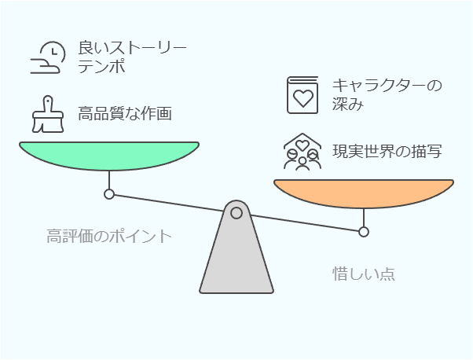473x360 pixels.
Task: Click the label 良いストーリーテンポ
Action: [x=132, y=57]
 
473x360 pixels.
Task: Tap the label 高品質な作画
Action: [x=125, y=113]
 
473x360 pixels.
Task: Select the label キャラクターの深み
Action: [x=387, y=95]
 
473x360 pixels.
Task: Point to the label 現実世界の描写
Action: [x=387, y=151]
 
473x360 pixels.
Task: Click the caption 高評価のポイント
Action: [x=109, y=237]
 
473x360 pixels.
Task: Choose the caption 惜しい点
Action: [x=364, y=274]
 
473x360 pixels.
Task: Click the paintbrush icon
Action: [x=48, y=115]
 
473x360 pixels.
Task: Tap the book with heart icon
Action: [x=302, y=95]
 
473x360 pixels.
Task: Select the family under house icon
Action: [x=302, y=152]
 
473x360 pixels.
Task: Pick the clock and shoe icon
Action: [x=48, y=57]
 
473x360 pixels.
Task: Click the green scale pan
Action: [x=109, y=156]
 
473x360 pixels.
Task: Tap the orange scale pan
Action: [x=364, y=193]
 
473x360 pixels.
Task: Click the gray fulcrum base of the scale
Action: [x=236, y=247]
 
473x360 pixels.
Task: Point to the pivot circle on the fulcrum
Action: [x=236, y=213]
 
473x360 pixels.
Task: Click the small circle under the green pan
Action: [x=109, y=194]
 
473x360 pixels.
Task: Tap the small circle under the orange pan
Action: [x=364, y=232]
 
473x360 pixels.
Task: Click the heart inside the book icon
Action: [x=303, y=98]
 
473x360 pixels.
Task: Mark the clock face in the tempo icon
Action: [x=53, y=53]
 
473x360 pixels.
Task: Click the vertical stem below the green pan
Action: [x=109, y=180]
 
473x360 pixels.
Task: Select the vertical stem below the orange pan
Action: [x=364, y=218]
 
